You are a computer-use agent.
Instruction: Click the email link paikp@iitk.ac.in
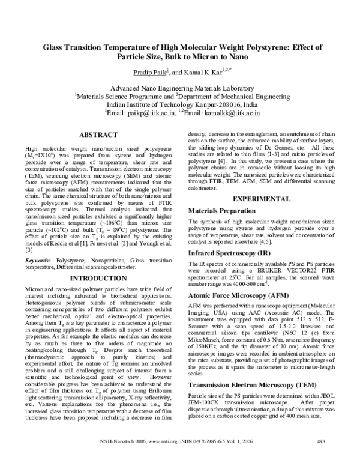pos(154,112)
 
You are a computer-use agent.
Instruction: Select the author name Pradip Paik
pos(149,72)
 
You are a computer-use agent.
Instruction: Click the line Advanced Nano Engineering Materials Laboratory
pos(180,87)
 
